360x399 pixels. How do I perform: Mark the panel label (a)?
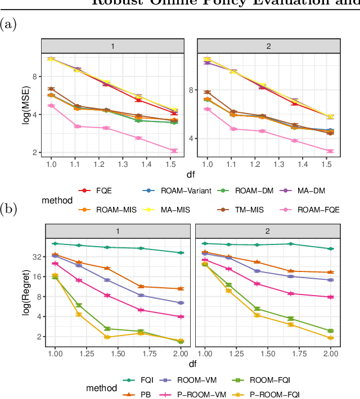8,24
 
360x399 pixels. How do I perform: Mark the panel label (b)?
8,209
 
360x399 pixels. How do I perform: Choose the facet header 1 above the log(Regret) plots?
118,230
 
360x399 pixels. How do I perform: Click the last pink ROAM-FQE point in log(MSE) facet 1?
174,151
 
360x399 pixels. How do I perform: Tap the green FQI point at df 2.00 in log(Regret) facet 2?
331,248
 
